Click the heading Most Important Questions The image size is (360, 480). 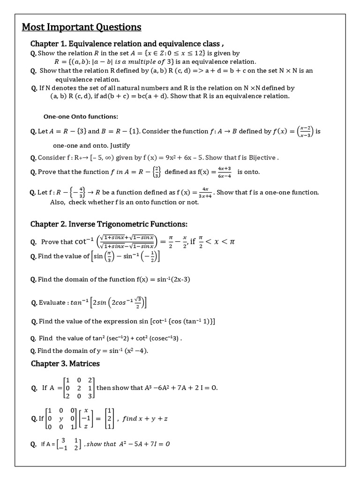(82, 27)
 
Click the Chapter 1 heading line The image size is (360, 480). (124, 44)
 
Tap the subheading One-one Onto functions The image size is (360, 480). (81, 116)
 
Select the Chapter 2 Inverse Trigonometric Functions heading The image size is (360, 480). (109, 224)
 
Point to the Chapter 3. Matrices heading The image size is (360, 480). (65, 363)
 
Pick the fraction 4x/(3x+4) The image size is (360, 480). (204, 192)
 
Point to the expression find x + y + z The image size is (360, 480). (145, 419)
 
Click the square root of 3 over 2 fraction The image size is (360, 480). (137, 302)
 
